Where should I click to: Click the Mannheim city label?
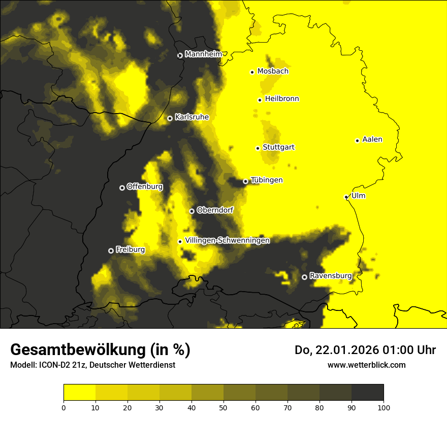(203, 54)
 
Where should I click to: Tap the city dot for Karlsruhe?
(170, 118)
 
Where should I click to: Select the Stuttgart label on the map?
(278, 148)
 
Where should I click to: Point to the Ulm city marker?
(346, 197)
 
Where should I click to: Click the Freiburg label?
(130, 250)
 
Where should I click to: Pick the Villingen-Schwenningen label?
(227, 240)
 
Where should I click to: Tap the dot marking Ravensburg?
(304, 277)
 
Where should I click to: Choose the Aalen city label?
(372, 139)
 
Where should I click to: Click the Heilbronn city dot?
(260, 100)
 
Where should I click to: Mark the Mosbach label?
(273, 72)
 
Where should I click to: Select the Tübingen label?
(267, 180)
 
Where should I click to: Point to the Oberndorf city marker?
(191, 211)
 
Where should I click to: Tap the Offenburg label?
(145, 187)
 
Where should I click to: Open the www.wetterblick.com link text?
(366, 365)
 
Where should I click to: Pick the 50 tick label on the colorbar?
(223, 407)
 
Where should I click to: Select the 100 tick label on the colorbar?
(383, 407)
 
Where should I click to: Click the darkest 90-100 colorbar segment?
(367, 393)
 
